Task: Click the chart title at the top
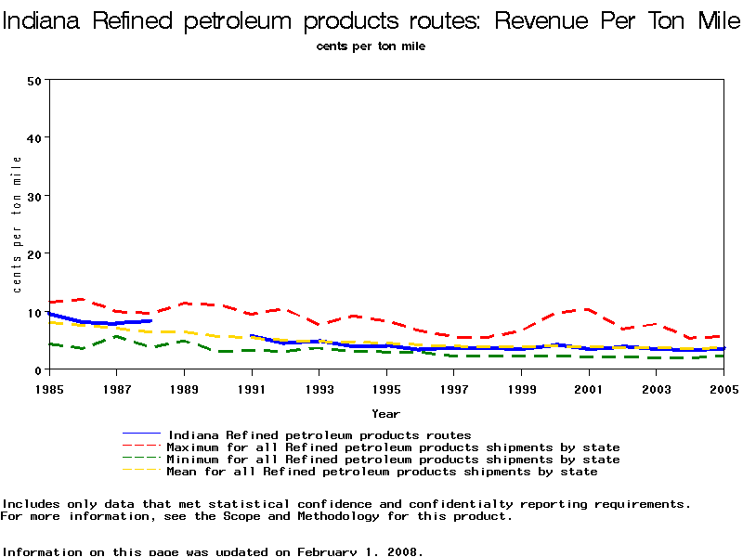[x=371, y=20]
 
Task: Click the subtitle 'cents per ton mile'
[x=371, y=45]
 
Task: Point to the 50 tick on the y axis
[x=36, y=80]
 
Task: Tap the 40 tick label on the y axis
[x=36, y=137]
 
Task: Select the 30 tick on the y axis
[x=36, y=196]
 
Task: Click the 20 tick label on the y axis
[x=36, y=253]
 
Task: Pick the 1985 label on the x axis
[x=49, y=386]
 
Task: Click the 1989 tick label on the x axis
[x=184, y=386]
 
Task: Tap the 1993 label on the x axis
[x=319, y=386]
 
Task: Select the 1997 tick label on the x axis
[x=454, y=386]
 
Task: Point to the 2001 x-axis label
[x=589, y=386]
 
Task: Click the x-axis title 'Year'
[x=385, y=413]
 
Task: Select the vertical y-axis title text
[x=17, y=224]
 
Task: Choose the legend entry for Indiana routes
[x=319, y=434]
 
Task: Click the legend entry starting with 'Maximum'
[x=393, y=447]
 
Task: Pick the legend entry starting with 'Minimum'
[x=393, y=459]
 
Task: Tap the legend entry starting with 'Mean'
[x=382, y=471]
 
